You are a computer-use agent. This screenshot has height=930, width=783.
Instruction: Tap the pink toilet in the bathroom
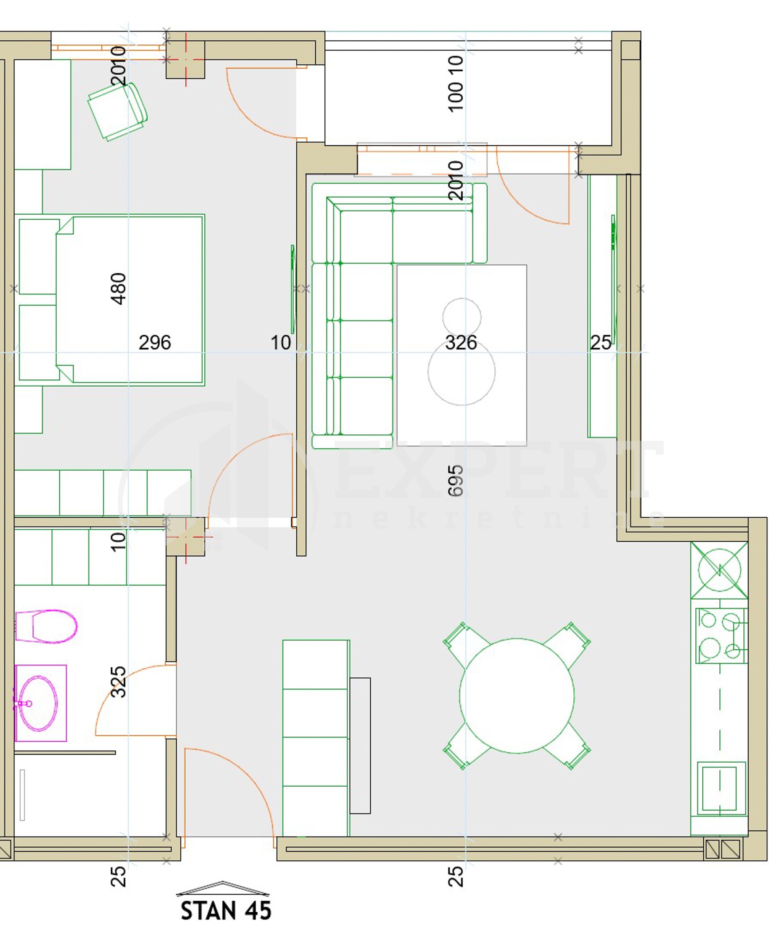pos(46,626)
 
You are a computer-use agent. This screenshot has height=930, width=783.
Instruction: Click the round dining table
pos(517,696)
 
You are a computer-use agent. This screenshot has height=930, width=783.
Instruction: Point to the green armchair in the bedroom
pos(118,112)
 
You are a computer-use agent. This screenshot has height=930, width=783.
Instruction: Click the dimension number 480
pos(118,289)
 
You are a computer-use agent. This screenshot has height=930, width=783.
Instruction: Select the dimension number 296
pos(155,343)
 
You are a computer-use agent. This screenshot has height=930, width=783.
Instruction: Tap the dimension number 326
pos(461,343)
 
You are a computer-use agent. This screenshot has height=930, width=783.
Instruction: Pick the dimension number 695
pos(455,481)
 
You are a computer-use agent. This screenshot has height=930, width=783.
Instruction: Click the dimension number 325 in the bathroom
pos(118,682)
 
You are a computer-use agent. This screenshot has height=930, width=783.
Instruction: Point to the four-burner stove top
pos(721,636)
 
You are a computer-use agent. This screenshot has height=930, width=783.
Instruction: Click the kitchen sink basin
pos(721,788)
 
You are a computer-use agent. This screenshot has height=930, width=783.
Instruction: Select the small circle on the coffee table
pos(461,317)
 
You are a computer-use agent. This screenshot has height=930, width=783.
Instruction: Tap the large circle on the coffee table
pos(461,372)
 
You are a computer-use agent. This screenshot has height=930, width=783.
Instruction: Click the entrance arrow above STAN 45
pos(222,888)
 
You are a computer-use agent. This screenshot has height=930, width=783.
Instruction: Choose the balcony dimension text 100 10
pos(456,83)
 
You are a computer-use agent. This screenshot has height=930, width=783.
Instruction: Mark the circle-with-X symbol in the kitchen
pos(719,570)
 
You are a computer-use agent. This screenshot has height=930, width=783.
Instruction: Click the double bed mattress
pos(129,299)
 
